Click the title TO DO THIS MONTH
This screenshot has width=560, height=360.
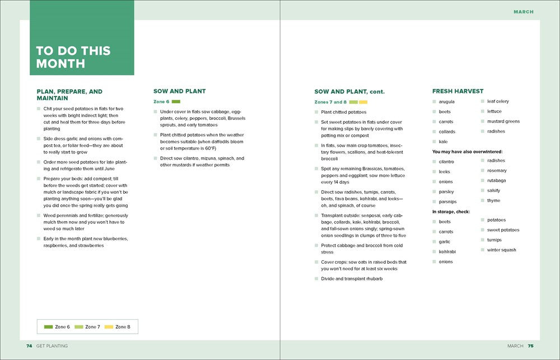[x=73, y=57]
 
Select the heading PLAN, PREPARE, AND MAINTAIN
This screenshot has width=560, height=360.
[x=69, y=95]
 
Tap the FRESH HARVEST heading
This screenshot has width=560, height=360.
[x=458, y=91]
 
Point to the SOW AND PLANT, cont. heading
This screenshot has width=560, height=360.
[x=349, y=91]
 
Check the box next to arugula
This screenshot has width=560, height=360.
[x=434, y=102]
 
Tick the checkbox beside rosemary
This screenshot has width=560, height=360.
[x=483, y=171]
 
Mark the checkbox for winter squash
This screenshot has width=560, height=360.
[x=483, y=250]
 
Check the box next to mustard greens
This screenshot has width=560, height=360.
[x=483, y=121]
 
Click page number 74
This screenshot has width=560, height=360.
[x=29, y=346]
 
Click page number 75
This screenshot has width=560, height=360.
[x=530, y=346]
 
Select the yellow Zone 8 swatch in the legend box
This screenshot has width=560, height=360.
[x=109, y=326]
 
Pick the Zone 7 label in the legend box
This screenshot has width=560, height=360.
[x=92, y=326]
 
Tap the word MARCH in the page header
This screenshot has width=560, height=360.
[x=524, y=12]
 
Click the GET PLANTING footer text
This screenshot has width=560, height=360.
[x=52, y=346]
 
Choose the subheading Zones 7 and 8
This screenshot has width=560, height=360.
[x=330, y=102]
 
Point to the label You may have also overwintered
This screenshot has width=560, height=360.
[x=467, y=152]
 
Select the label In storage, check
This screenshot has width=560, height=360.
[x=451, y=212]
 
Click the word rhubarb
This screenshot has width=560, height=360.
[x=373, y=279]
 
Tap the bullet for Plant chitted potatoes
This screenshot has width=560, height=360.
[x=316, y=113]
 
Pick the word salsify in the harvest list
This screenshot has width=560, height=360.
[x=493, y=191]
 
